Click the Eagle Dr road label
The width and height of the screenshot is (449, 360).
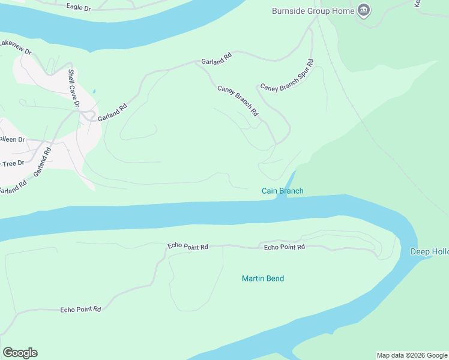[x=79, y=7]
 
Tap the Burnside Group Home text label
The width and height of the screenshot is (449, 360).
[x=313, y=11]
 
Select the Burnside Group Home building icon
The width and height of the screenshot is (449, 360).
[x=364, y=10]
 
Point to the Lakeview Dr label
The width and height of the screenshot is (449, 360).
[x=16, y=47]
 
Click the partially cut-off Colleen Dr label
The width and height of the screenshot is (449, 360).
[x=12, y=139]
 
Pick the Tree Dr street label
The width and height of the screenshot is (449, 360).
[x=12, y=163]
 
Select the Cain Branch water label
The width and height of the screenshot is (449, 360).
[x=282, y=191]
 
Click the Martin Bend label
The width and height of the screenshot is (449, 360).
[x=263, y=278]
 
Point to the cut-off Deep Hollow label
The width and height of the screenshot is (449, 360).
[x=429, y=251]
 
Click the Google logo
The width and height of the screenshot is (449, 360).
[x=20, y=353]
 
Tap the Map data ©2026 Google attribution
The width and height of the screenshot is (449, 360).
[x=412, y=355]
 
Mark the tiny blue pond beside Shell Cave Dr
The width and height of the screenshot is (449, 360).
[x=94, y=92]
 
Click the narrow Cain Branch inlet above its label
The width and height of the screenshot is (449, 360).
[x=291, y=179]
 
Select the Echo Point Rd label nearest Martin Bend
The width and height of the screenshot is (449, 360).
[x=285, y=247]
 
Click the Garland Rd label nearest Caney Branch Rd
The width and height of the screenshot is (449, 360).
[x=216, y=61]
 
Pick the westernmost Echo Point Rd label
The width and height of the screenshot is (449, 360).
[x=80, y=310]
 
